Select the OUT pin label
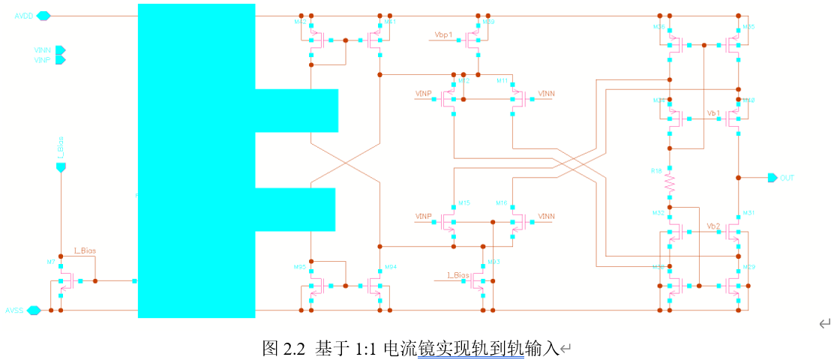click(787, 178)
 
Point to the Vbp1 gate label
click(444, 34)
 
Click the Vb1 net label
click(713, 112)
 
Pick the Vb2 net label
click(713, 226)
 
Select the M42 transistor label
click(300, 22)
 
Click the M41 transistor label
click(389, 22)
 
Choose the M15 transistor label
click(464, 203)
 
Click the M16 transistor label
click(501, 203)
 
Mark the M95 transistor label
click(299, 267)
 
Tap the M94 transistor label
click(390, 267)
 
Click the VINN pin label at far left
click(42, 50)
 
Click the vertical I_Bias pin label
click(61, 146)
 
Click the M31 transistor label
click(748, 213)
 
